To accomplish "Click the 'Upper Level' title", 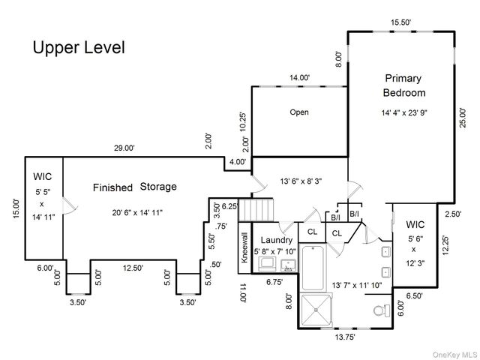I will (78, 47).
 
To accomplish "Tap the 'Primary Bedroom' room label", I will (404, 85).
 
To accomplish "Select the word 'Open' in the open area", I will (299, 112).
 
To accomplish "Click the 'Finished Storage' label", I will (135, 187).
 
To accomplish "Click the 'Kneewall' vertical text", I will (244, 247).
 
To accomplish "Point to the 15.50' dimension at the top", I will (401, 23).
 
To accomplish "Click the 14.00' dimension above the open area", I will (300, 77).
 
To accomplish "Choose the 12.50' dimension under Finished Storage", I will (133, 268).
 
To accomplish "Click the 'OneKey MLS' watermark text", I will (452, 352).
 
